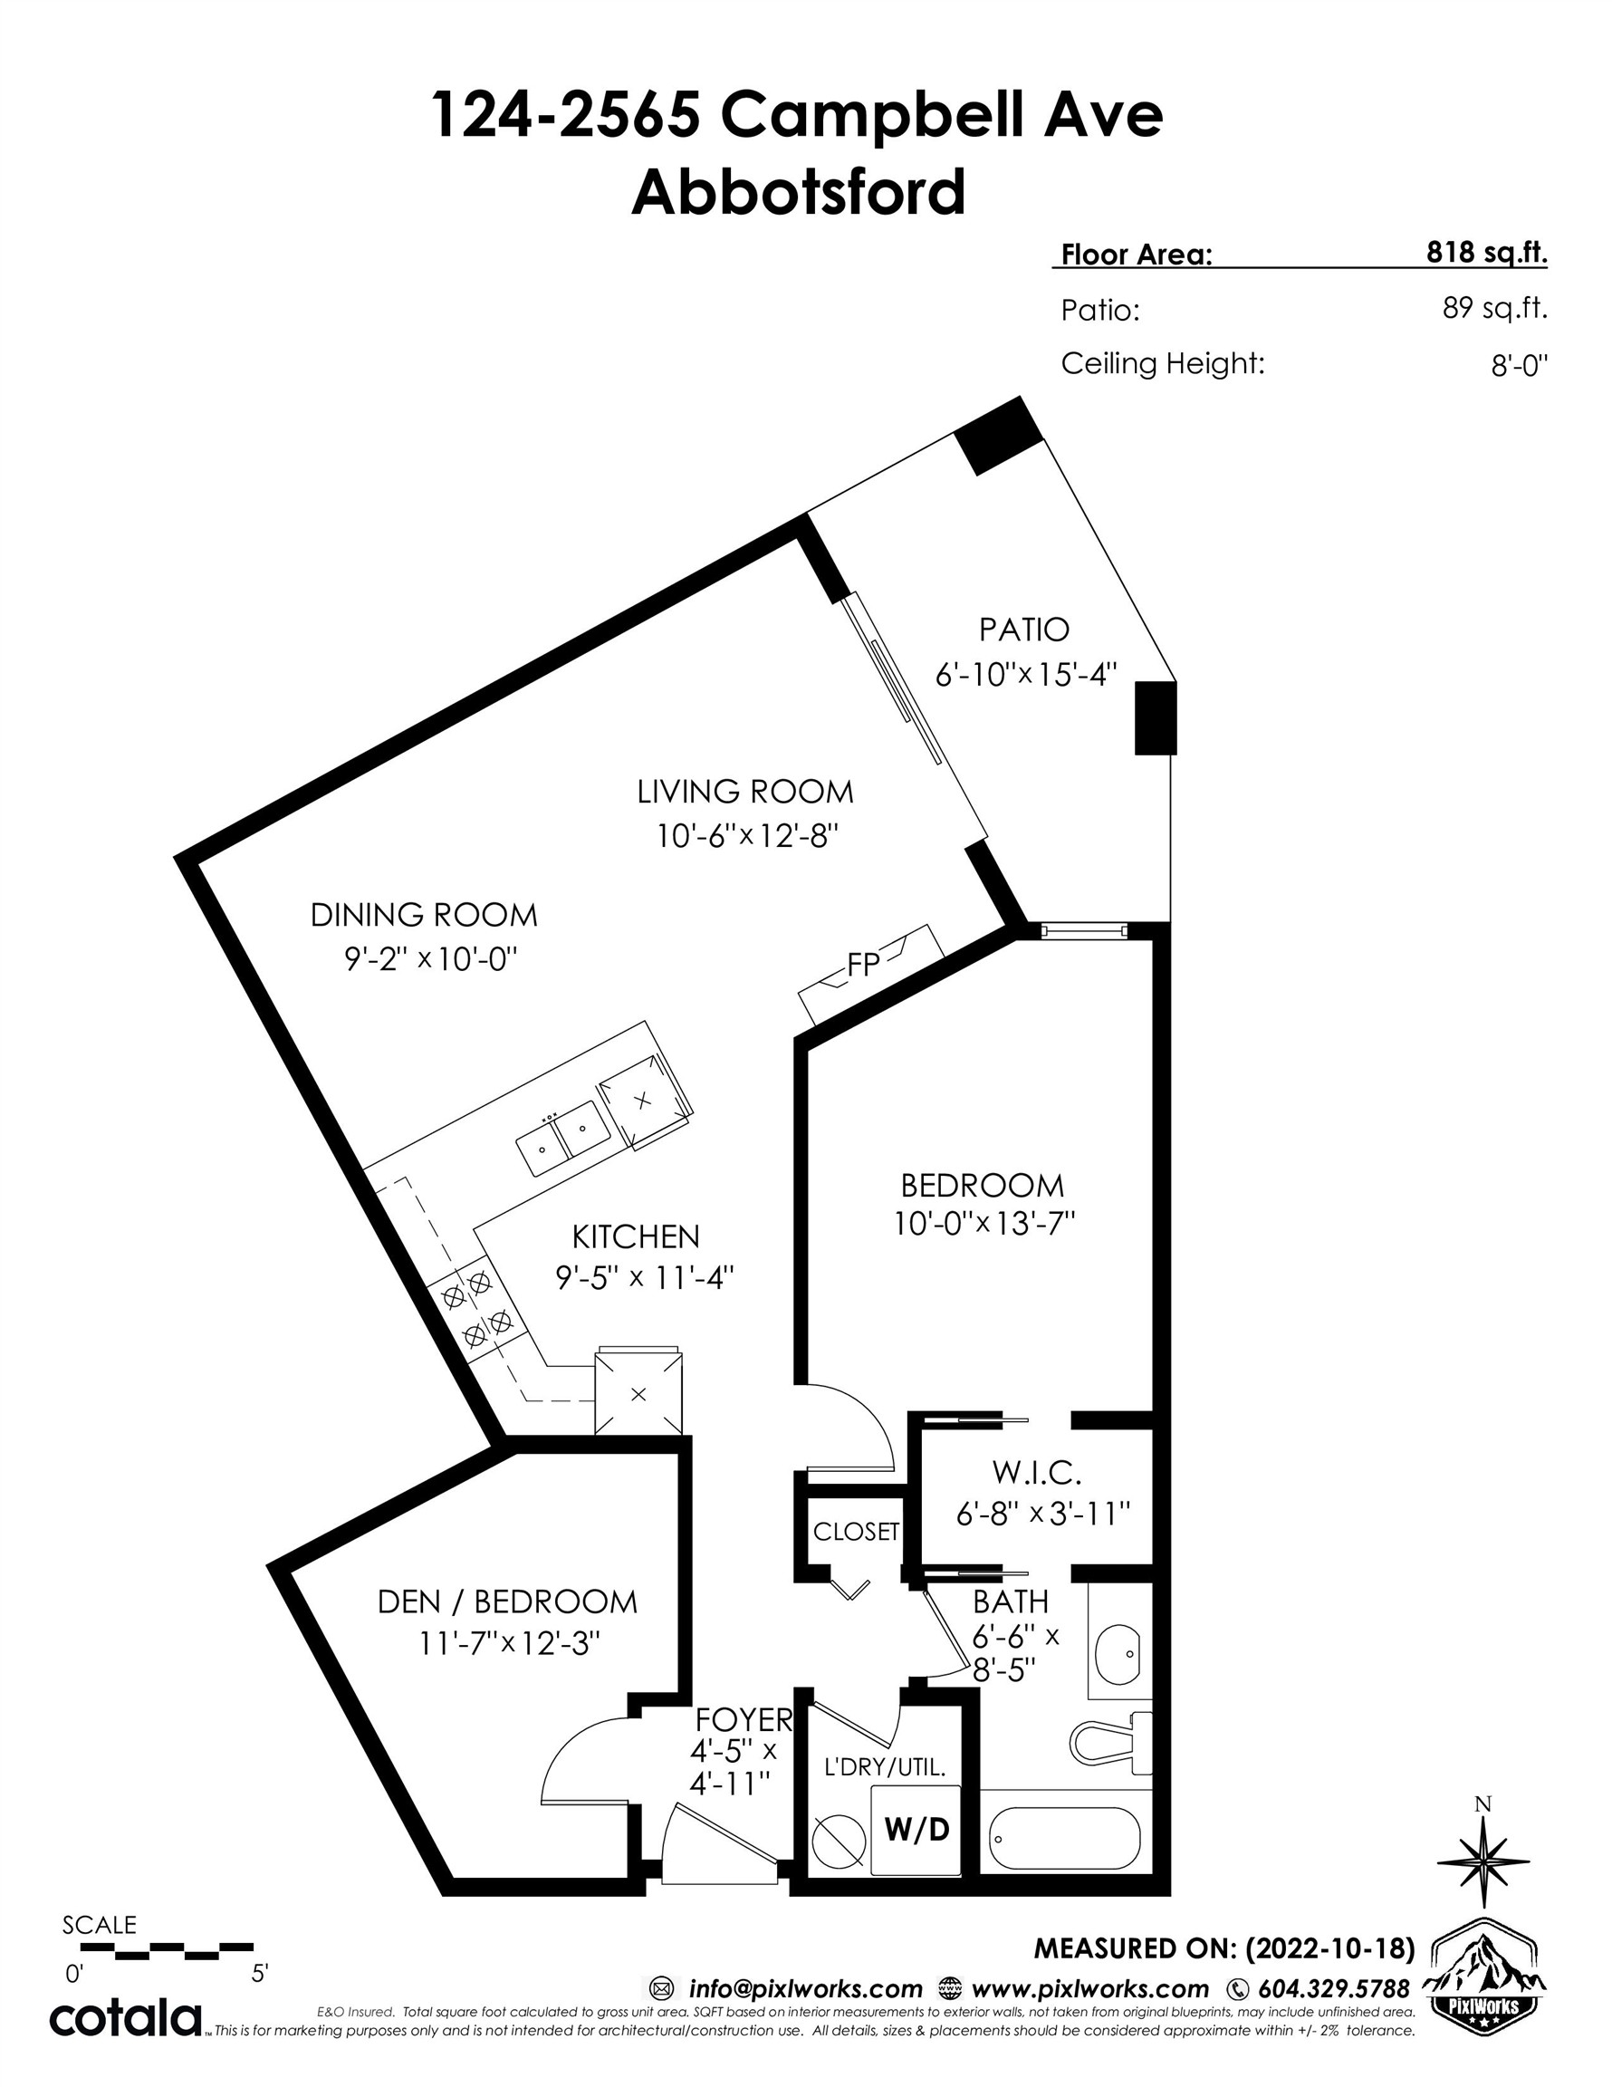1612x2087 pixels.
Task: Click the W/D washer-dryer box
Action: pyautogui.click(x=916, y=1828)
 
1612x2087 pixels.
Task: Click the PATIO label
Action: pyautogui.click(x=1023, y=630)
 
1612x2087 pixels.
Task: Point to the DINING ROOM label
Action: pyautogui.click(x=423, y=915)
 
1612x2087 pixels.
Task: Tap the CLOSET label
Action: pyautogui.click(x=855, y=1531)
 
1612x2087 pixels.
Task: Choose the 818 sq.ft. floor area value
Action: pyautogui.click(x=1486, y=253)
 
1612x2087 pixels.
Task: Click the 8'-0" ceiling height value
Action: pyautogui.click(x=1519, y=366)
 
